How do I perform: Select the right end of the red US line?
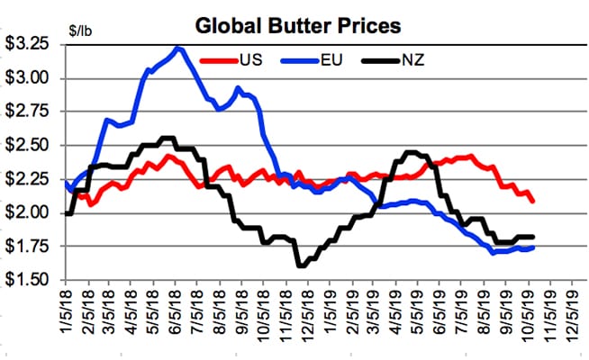tap(533, 201)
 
